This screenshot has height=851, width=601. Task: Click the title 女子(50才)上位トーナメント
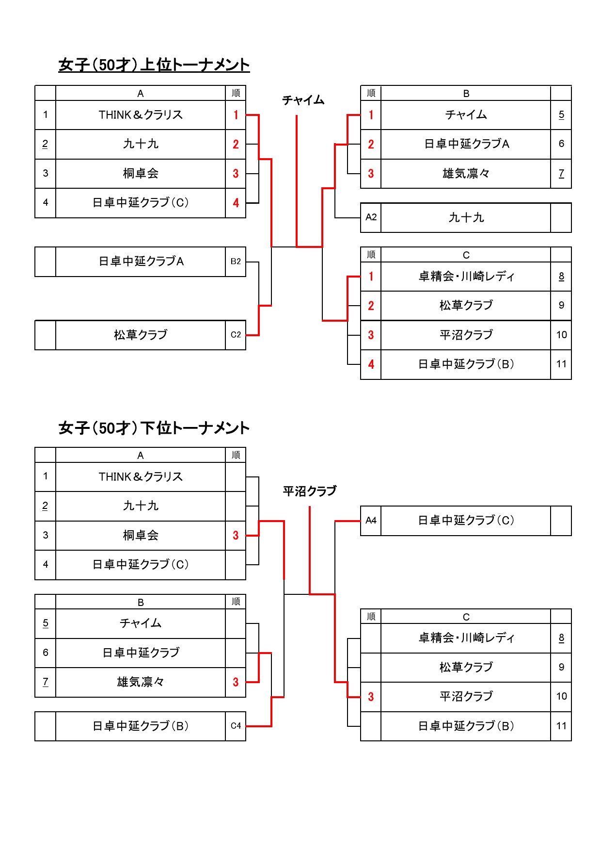coord(154,65)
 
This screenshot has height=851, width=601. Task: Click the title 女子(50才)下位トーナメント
coord(154,428)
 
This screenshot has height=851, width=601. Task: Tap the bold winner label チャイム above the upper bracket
coord(303,100)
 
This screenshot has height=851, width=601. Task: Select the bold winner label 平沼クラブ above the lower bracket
coord(310,491)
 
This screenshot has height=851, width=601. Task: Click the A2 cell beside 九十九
coord(371,217)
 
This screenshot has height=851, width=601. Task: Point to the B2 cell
coord(236,262)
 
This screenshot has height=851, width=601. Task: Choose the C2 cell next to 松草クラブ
coord(236,335)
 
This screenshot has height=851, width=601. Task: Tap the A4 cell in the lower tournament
coord(371,521)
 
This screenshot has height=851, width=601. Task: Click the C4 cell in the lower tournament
coord(236,726)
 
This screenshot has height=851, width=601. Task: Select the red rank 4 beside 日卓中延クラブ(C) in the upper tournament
coord(236,203)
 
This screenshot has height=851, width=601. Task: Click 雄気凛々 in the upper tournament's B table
coord(466,174)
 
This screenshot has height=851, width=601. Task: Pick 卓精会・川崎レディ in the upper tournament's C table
coord(466,277)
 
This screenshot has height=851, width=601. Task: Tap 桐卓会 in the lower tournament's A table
coord(141,536)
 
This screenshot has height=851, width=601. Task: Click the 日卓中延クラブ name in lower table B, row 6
coord(141,653)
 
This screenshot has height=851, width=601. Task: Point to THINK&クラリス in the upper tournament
coord(141,115)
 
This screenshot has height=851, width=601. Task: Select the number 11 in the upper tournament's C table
coord(561,364)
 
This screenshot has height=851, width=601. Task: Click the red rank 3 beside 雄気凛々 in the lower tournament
coord(236,682)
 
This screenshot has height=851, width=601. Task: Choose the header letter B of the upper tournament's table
coord(466,94)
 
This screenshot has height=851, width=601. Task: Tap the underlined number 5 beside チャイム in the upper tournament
coord(561,115)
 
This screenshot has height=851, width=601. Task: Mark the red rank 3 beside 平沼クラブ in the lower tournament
coord(371,697)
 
